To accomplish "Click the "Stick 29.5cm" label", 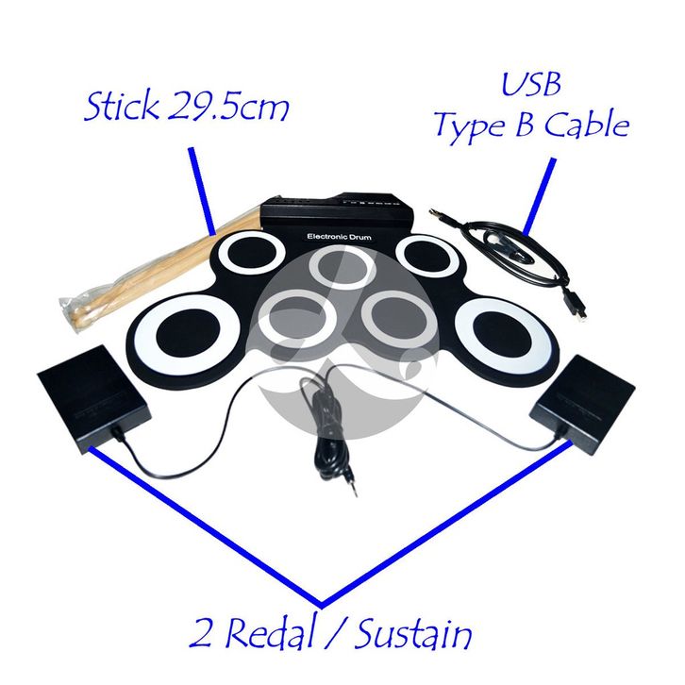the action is point(186,107).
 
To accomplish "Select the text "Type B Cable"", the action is point(530,125).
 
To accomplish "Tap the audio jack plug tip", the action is point(352,492).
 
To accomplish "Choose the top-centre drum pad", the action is point(341,266).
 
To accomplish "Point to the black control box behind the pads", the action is point(335,210).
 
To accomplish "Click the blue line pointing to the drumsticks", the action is point(202,189).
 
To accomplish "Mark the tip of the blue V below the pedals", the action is point(322,603).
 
